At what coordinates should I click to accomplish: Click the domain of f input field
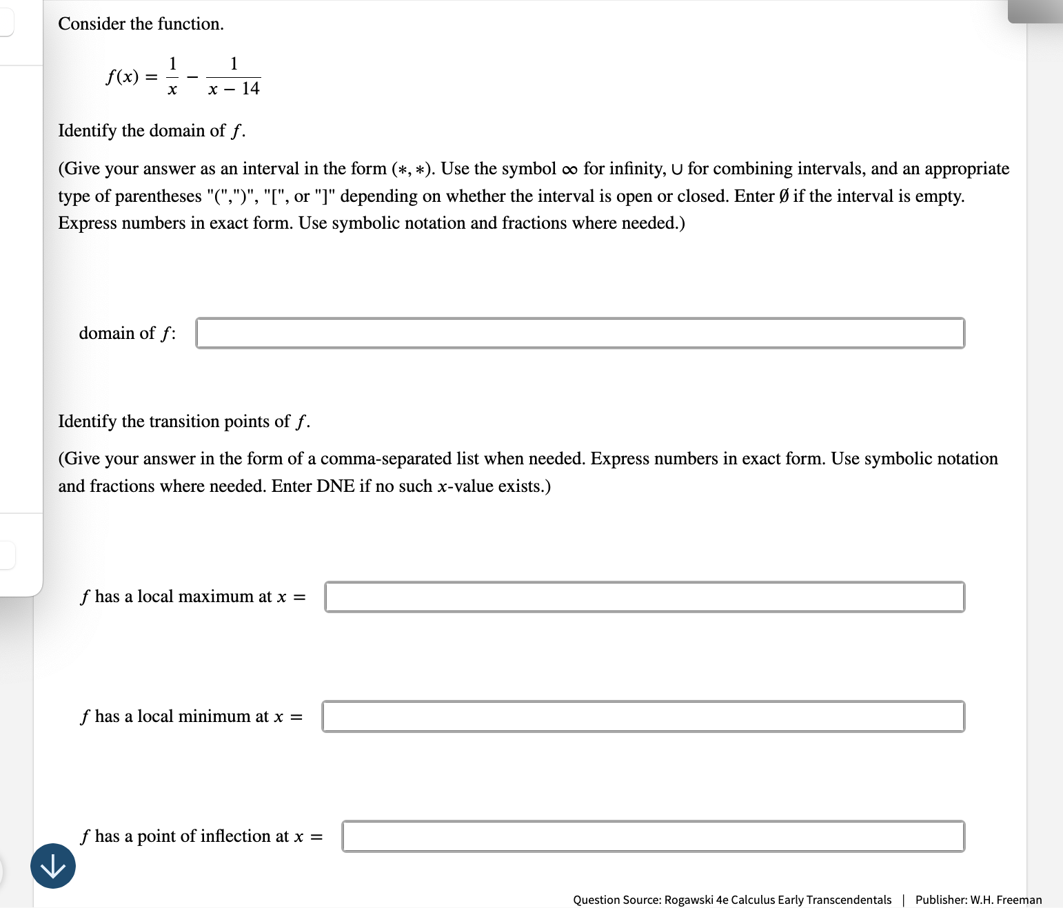click(580, 333)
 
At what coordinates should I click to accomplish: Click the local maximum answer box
click(644, 597)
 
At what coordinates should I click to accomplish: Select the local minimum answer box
click(642, 716)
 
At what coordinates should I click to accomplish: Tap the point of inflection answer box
click(653, 836)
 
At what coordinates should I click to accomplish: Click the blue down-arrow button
click(53, 866)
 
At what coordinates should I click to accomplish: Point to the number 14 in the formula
click(250, 89)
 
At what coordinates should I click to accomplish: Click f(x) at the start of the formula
click(122, 76)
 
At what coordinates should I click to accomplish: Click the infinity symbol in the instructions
click(569, 169)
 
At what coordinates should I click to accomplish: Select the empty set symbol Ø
click(783, 196)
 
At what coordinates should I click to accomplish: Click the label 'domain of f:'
click(127, 333)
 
